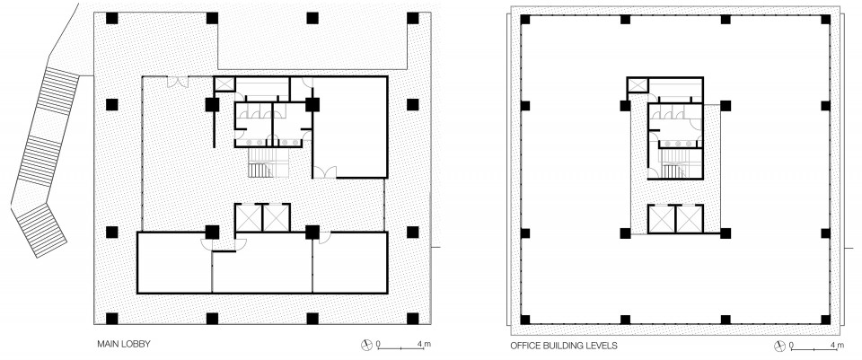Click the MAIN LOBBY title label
pyautogui.click(x=124, y=344)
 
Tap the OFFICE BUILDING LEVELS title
pyautogui.click(x=564, y=346)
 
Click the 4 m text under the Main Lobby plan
pyautogui.click(x=424, y=345)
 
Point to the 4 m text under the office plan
pyautogui.click(x=837, y=346)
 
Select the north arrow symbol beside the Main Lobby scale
pyautogui.click(x=366, y=345)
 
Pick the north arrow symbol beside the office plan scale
pyautogui.click(x=779, y=347)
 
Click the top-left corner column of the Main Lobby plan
pyautogui.click(x=111, y=18)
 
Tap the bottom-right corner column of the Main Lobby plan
pyautogui.click(x=412, y=318)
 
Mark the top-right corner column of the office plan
pyautogui.click(x=825, y=19)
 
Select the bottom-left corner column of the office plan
pyautogui.click(x=525, y=320)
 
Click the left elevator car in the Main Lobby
pyautogui.click(x=249, y=217)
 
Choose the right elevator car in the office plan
pyautogui.click(x=690, y=219)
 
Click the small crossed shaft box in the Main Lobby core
pyautogui.click(x=224, y=84)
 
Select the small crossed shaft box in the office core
pyautogui.click(x=638, y=85)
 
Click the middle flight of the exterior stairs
pyautogui.click(x=39, y=161)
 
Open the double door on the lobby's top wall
pyautogui.click(x=178, y=82)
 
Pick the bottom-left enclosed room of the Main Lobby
pyautogui.click(x=174, y=263)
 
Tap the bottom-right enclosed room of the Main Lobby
pyautogui.click(x=350, y=263)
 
